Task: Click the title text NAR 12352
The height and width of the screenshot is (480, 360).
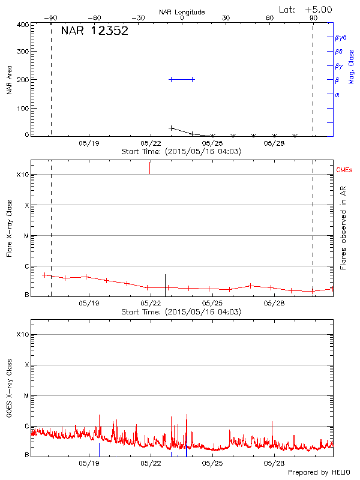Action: point(94,31)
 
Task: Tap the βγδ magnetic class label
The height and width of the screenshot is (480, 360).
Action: point(340,37)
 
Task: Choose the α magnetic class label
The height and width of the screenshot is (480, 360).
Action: point(337,94)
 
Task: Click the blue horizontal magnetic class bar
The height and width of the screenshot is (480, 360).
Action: point(182,79)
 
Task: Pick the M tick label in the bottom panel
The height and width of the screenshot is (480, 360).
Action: point(27,396)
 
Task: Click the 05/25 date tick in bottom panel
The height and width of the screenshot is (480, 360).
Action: point(212,463)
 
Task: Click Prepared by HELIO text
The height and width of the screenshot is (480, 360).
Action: point(318,473)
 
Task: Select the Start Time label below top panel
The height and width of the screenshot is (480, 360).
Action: point(182,152)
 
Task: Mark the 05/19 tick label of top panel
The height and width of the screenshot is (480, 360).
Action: point(89,143)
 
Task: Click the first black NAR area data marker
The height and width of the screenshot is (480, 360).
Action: point(172,128)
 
